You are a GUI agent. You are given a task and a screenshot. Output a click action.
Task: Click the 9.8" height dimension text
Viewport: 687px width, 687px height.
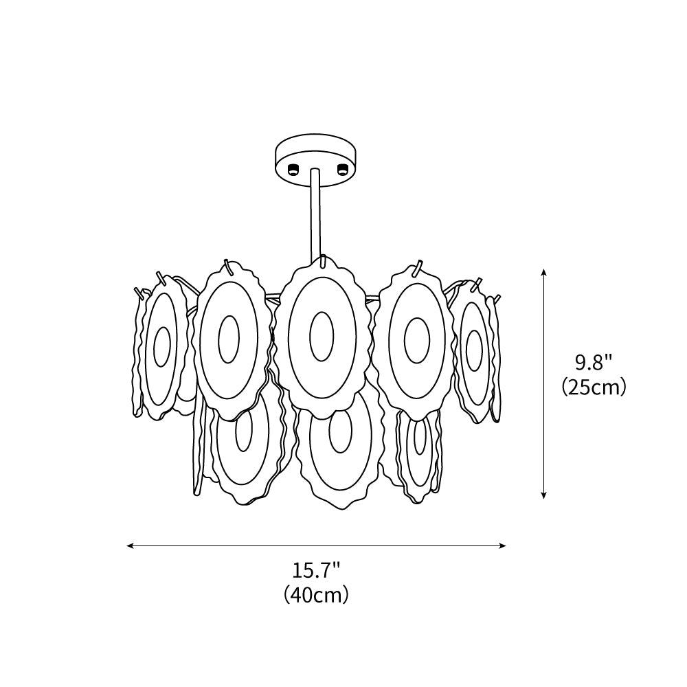click(x=594, y=363)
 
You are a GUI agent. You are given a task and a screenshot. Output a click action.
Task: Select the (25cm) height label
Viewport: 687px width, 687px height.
click(x=594, y=387)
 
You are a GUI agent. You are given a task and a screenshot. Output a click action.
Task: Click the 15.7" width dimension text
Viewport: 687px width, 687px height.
click(x=316, y=571)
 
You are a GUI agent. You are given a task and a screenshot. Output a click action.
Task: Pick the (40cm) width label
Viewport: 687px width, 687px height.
click(x=316, y=594)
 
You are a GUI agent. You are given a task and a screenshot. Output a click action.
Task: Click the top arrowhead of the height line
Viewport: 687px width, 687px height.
click(x=543, y=273)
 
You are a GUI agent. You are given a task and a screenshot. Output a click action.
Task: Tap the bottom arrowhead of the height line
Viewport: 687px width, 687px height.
click(x=543, y=494)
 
